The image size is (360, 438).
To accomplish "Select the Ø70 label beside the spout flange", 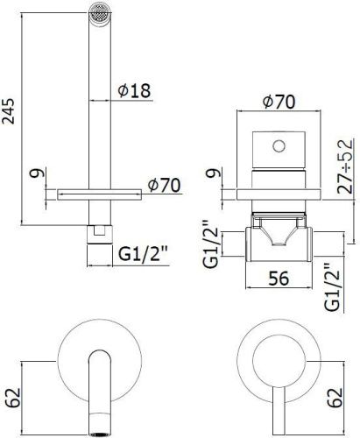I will point(164,185).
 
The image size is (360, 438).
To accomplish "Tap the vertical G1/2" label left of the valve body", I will point(209,247).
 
